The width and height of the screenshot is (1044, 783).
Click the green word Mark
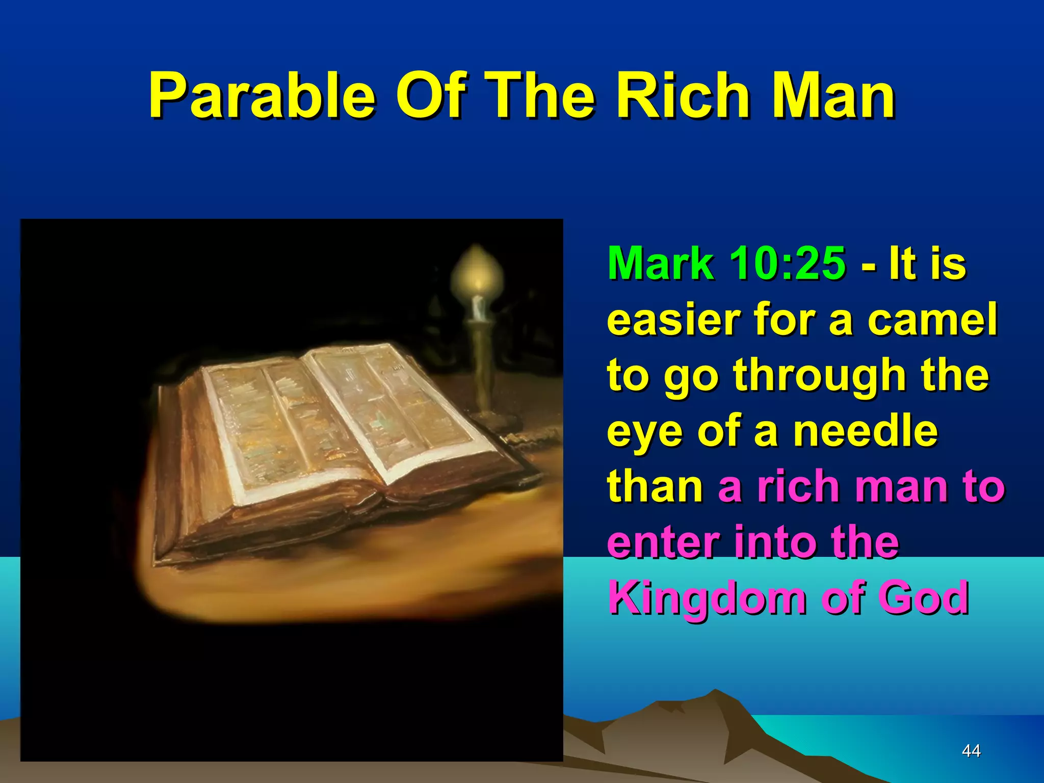pyautogui.click(x=661, y=264)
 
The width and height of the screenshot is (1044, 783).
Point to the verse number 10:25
pyautogui.click(x=787, y=264)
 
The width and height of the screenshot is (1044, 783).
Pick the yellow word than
pyautogui.click(x=656, y=486)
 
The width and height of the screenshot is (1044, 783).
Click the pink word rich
pyautogui.click(x=798, y=486)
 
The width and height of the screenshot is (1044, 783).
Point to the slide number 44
pyautogui.click(x=971, y=750)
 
